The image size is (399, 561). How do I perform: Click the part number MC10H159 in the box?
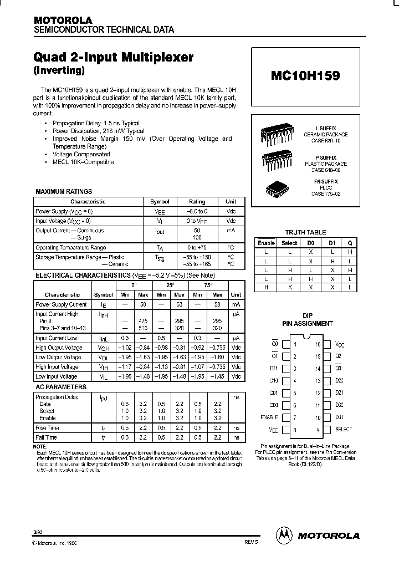click(305, 76)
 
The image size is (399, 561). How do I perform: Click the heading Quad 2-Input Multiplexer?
click(114, 57)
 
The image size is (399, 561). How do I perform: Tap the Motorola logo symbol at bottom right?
click(284, 535)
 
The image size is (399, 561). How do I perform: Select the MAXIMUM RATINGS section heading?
click(64, 191)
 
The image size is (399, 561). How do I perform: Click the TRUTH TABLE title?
click(305, 232)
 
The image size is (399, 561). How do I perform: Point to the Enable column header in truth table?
click(266, 243)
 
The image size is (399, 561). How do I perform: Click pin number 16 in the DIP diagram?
click(318, 344)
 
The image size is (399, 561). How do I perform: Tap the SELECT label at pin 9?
click(344, 430)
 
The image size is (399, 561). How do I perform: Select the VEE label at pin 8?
click(273, 430)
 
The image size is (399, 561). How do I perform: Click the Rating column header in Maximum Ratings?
click(197, 202)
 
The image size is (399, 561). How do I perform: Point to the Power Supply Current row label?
click(61, 304)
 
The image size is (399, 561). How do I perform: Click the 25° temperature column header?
click(170, 284)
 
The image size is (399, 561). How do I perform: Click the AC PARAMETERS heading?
click(60, 386)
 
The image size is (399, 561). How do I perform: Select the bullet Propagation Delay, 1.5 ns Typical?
click(96, 123)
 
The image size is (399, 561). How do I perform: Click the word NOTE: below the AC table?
click(40, 446)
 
